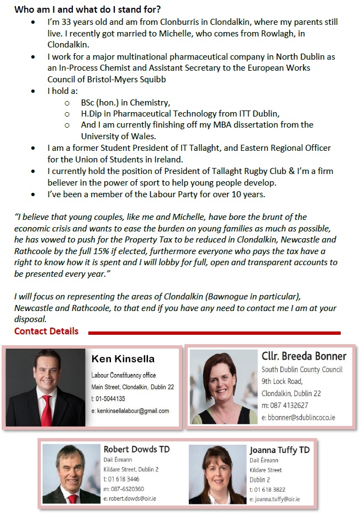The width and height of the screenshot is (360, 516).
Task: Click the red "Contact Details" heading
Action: [46, 331]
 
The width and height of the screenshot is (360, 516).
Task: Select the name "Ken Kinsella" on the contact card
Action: [123, 359]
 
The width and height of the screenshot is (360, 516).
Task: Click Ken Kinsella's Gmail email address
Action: [133, 411]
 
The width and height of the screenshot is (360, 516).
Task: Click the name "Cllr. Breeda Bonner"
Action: [304, 356]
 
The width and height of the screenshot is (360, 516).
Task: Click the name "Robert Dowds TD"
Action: [136, 449]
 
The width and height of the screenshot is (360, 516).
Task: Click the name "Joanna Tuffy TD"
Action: [279, 450]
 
